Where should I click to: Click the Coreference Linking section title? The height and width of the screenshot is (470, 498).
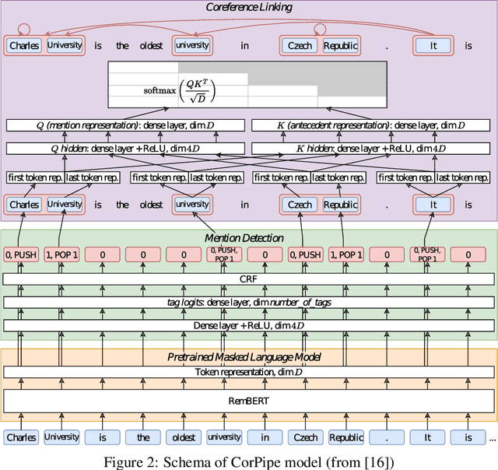tap(249, 8)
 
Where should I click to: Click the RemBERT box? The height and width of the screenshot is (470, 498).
tap(249, 400)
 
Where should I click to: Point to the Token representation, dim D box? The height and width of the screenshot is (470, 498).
tap(249, 372)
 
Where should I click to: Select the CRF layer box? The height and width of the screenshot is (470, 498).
tap(249, 279)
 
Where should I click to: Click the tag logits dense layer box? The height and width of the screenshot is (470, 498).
tap(249, 302)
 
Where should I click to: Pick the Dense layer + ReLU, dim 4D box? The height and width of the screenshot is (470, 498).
tap(249, 325)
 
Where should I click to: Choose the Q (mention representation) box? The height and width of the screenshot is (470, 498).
tap(124, 125)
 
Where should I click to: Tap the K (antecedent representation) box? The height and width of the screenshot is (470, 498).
tap(371, 125)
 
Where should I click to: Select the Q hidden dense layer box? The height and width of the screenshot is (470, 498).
tap(124, 148)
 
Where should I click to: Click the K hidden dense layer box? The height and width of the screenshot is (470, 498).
tap(371, 148)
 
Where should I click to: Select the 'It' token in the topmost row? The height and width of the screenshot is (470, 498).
tap(432, 45)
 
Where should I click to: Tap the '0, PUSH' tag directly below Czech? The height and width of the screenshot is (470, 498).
tap(305, 254)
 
